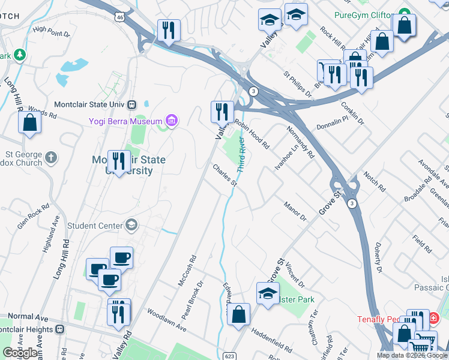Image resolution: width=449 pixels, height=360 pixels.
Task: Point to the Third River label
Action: [x=242, y=155]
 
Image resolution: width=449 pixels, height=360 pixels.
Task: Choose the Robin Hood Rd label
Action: [x=252, y=133]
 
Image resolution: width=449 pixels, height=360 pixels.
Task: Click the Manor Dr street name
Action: [x=295, y=212]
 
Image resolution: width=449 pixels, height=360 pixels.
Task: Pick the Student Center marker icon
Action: [x=131, y=226]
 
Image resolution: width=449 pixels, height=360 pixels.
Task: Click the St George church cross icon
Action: [x=50, y=158]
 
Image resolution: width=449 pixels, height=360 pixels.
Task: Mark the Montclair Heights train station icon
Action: [x=60, y=329]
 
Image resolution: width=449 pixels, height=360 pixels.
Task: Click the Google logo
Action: [x=20, y=353]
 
